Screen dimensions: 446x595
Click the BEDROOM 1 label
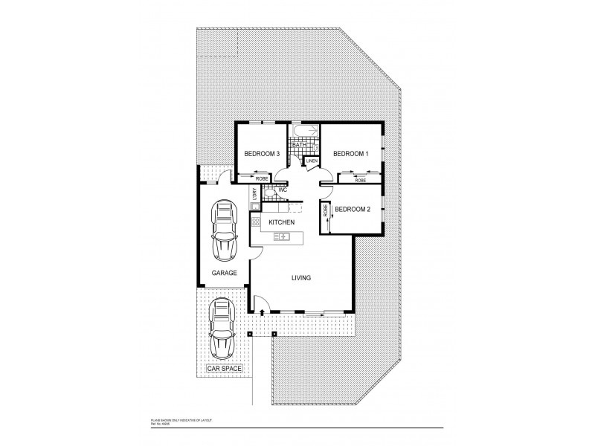coord(350,154)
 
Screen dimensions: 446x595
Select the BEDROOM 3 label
coord(261,154)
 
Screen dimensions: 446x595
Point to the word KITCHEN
coord(283,222)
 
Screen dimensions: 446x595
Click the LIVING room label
coord(300,278)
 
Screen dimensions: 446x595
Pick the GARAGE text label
coord(224,273)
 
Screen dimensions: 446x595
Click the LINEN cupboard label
coord(312,161)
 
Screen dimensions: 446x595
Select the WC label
coord(283,190)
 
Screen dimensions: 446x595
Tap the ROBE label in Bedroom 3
coord(262,178)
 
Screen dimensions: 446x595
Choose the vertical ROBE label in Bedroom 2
coord(326,210)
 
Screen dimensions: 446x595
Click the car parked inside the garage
coord(224,229)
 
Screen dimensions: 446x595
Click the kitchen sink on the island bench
coord(282,236)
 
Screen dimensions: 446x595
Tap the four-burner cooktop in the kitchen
coord(255,222)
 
